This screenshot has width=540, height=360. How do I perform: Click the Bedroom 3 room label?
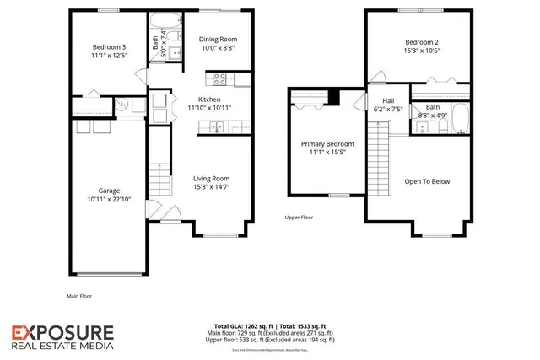(x=111, y=47)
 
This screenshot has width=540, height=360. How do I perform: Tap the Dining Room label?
(x=217, y=39)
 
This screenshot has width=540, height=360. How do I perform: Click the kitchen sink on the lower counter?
(x=215, y=127)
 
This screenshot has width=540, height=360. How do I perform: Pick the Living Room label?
(x=211, y=178)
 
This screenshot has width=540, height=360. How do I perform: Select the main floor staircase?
(x=155, y=174)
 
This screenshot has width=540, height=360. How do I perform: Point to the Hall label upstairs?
(x=378, y=99)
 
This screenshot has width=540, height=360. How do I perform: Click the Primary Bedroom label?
(x=327, y=144)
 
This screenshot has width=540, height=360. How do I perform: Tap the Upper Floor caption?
(x=299, y=217)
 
